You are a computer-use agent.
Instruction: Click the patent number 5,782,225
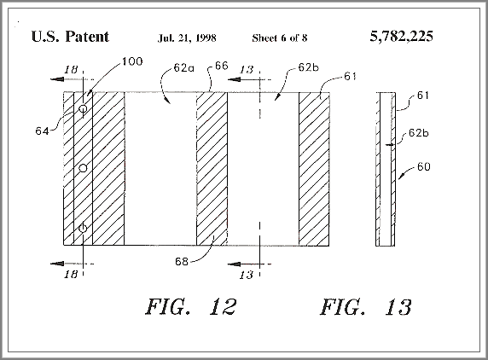[x=402, y=37]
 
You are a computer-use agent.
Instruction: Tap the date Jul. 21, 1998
[x=187, y=38]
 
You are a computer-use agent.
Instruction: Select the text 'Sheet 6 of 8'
[x=280, y=38]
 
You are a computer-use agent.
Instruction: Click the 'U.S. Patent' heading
[x=70, y=37]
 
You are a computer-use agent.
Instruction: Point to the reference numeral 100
[x=132, y=61]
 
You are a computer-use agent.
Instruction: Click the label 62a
[x=183, y=67]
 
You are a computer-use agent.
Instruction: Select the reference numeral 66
[x=222, y=66]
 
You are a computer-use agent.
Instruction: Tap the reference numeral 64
[x=42, y=131]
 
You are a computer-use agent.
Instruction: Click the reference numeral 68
[x=182, y=261]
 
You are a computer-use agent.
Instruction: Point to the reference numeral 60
[x=423, y=166]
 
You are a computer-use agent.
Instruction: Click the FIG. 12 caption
[x=191, y=307]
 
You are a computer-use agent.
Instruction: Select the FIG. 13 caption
[x=366, y=307]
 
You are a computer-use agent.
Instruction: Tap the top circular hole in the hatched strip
[x=83, y=108]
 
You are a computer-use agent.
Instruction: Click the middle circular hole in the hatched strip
[x=83, y=168]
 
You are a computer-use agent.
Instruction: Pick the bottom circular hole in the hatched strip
[x=83, y=229]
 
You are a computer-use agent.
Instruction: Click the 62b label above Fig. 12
[x=309, y=67]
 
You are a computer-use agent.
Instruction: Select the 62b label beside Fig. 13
[x=419, y=133]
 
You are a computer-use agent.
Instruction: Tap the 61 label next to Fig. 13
[x=423, y=96]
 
